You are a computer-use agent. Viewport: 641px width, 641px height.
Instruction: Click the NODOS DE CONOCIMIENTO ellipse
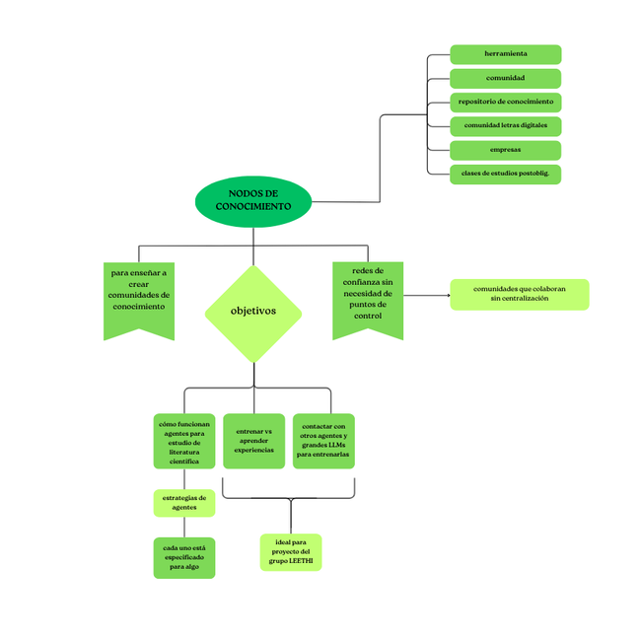tap(253, 201)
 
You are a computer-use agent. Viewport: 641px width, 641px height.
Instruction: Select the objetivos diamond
tap(253, 314)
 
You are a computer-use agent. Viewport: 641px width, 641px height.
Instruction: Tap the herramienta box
tap(506, 54)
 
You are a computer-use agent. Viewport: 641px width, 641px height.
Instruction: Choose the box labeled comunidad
tap(506, 79)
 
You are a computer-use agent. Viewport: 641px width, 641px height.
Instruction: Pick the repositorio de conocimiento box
tap(506, 103)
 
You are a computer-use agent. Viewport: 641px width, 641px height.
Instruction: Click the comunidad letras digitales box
tap(506, 126)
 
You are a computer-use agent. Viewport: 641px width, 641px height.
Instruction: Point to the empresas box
tap(506, 151)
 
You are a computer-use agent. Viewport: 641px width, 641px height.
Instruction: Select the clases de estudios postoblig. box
tap(506, 175)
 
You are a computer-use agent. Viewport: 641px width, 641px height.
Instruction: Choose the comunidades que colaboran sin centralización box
tap(520, 294)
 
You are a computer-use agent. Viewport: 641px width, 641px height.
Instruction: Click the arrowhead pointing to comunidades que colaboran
tap(449, 295)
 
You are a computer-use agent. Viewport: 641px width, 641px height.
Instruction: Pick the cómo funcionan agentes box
tap(184, 441)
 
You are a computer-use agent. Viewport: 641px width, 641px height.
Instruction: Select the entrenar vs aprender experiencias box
tap(253, 441)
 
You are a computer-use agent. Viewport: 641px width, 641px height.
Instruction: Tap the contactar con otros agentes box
tap(323, 441)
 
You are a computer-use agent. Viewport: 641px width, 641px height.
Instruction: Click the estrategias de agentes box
tap(184, 503)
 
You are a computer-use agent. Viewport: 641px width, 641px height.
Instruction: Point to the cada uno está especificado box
tap(184, 557)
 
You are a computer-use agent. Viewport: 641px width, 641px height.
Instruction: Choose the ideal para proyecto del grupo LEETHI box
tap(291, 552)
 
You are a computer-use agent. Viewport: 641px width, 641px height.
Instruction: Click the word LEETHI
tap(301, 561)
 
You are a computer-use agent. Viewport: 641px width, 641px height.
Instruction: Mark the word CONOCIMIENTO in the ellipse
tap(253, 207)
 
